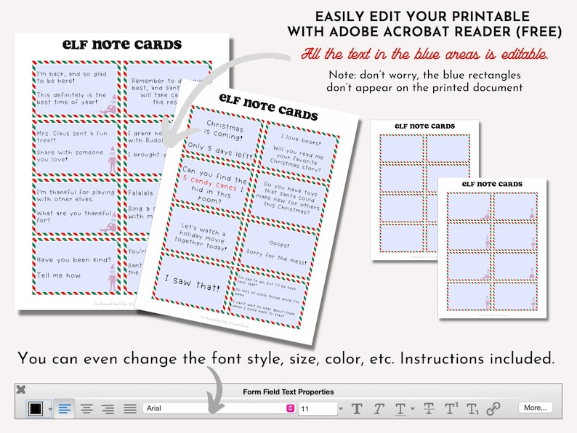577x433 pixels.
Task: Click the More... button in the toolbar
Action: tap(534, 408)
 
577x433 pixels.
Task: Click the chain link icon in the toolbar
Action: tap(493, 409)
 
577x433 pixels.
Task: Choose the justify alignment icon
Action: tap(130, 409)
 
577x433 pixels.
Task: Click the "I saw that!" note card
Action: tap(195, 280)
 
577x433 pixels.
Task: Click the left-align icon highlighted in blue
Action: tap(65, 409)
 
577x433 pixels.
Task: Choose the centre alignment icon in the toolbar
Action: tap(86, 409)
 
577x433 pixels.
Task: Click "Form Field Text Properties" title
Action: tap(288, 392)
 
